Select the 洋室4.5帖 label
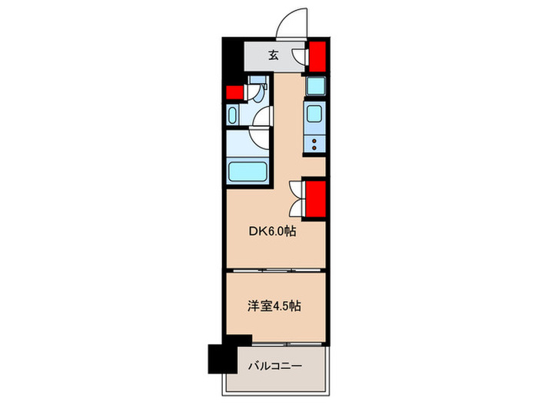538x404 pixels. click(x=274, y=306)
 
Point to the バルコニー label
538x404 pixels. click(x=274, y=366)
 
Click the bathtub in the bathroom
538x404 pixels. click(x=247, y=171)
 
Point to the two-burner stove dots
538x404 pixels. click(x=315, y=142)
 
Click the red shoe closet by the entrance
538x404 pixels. click(x=316, y=56)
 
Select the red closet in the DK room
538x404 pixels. click(x=316, y=199)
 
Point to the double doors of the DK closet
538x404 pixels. click(x=295, y=197)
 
